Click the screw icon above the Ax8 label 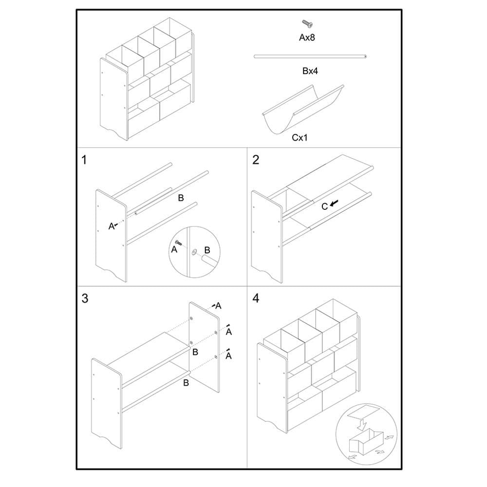coord(307,23)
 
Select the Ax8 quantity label coord(307,37)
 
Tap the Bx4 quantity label coord(310,71)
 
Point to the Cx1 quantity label coord(301,138)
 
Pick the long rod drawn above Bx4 coord(310,56)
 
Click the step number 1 coord(85,160)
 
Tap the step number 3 coord(85,299)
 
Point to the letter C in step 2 coord(324,206)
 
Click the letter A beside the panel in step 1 coord(111,226)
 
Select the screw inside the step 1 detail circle coord(179,243)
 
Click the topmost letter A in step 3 coord(219,306)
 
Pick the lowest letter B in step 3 coord(186,383)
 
